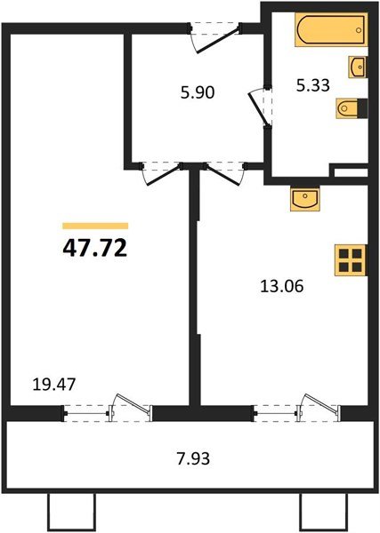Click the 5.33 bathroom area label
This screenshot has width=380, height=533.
[x=313, y=85]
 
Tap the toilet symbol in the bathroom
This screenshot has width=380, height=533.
[x=351, y=108]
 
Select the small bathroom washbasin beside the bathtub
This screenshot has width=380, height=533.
[x=359, y=66]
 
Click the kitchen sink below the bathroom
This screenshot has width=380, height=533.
[x=305, y=199]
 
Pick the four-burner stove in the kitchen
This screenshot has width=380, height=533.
[x=351, y=261]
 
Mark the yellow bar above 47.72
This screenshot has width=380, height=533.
[x=95, y=226]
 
